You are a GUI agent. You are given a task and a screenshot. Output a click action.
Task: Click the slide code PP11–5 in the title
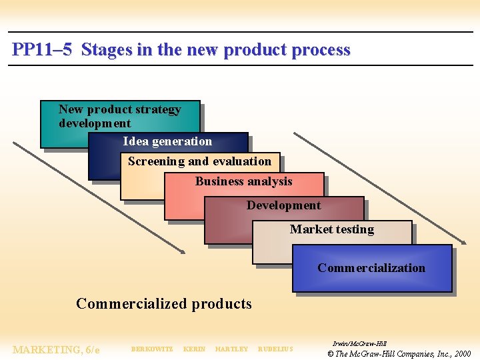pyautogui.click(x=41, y=50)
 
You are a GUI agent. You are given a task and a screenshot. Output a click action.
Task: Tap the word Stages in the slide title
pyautogui.click(x=107, y=50)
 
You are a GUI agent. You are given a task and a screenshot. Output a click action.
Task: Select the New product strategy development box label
pyautogui.click(x=119, y=116)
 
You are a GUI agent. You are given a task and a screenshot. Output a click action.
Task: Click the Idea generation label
pyautogui.click(x=167, y=141)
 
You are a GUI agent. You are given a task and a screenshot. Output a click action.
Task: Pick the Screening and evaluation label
pyautogui.click(x=199, y=161)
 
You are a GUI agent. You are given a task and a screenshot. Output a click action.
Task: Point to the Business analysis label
pyautogui.click(x=243, y=181)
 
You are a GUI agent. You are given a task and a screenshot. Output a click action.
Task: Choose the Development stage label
pyautogui.click(x=283, y=205)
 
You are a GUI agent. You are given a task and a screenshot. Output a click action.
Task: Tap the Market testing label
pyautogui.click(x=331, y=229)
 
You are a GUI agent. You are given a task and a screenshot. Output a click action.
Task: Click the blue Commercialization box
pyautogui.click(x=371, y=268)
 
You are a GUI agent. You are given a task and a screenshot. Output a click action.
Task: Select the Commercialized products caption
pyautogui.click(x=164, y=304)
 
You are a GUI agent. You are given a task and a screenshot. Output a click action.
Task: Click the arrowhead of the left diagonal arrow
pyautogui.click(x=182, y=251)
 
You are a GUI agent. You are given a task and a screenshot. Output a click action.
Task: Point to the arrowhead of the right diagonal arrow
pyautogui.click(x=463, y=241)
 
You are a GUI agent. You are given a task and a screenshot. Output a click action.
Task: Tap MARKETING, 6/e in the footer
pyautogui.click(x=56, y=350)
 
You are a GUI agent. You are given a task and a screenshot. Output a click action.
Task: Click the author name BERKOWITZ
pyautogui.click(x=152, y=349)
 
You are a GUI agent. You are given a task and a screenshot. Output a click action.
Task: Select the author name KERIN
pyautogui.click(x=194, y=349)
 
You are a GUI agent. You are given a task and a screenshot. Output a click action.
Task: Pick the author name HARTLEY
pyautogui.click(x=231, y=349)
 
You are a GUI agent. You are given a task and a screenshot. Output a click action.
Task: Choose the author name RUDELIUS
pyautogui.click(x=275, y=349)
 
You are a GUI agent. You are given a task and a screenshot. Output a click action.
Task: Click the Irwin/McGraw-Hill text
pyautogui.click(x=359, y=343)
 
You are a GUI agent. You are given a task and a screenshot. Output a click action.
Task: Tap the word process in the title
pyautogui.click(x=321, y=50)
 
